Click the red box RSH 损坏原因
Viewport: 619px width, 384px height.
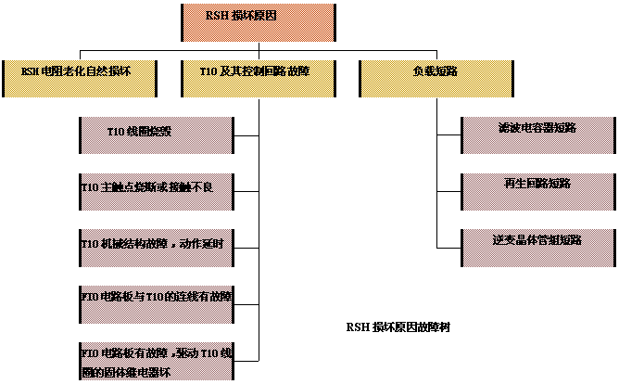point(258,22)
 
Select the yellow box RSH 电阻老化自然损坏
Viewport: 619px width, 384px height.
point(80,78)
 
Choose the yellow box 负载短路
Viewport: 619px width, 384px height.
point(436,78)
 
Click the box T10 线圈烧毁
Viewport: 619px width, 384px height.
point(156,134)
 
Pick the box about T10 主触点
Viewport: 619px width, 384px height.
point(156,190)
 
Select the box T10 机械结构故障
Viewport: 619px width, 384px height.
point(156,246)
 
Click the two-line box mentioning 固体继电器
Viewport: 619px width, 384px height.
point(156,360)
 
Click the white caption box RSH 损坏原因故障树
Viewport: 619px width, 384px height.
point(410,336)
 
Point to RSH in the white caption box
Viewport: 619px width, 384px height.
point(357,327)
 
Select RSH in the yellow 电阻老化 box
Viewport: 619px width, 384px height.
point(31,70)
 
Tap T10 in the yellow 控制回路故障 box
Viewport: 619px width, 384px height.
point(208,70)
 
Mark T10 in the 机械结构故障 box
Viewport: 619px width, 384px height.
point(91,244)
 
